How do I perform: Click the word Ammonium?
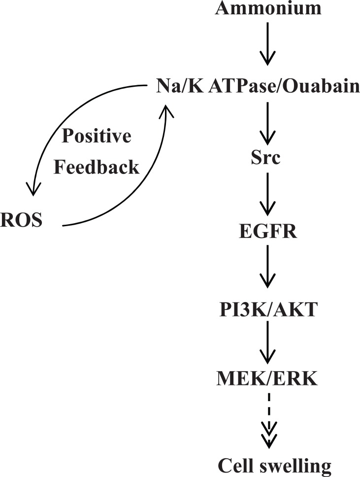coord(268,8)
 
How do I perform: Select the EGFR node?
coord(267,231)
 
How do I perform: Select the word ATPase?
coord(237,87)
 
